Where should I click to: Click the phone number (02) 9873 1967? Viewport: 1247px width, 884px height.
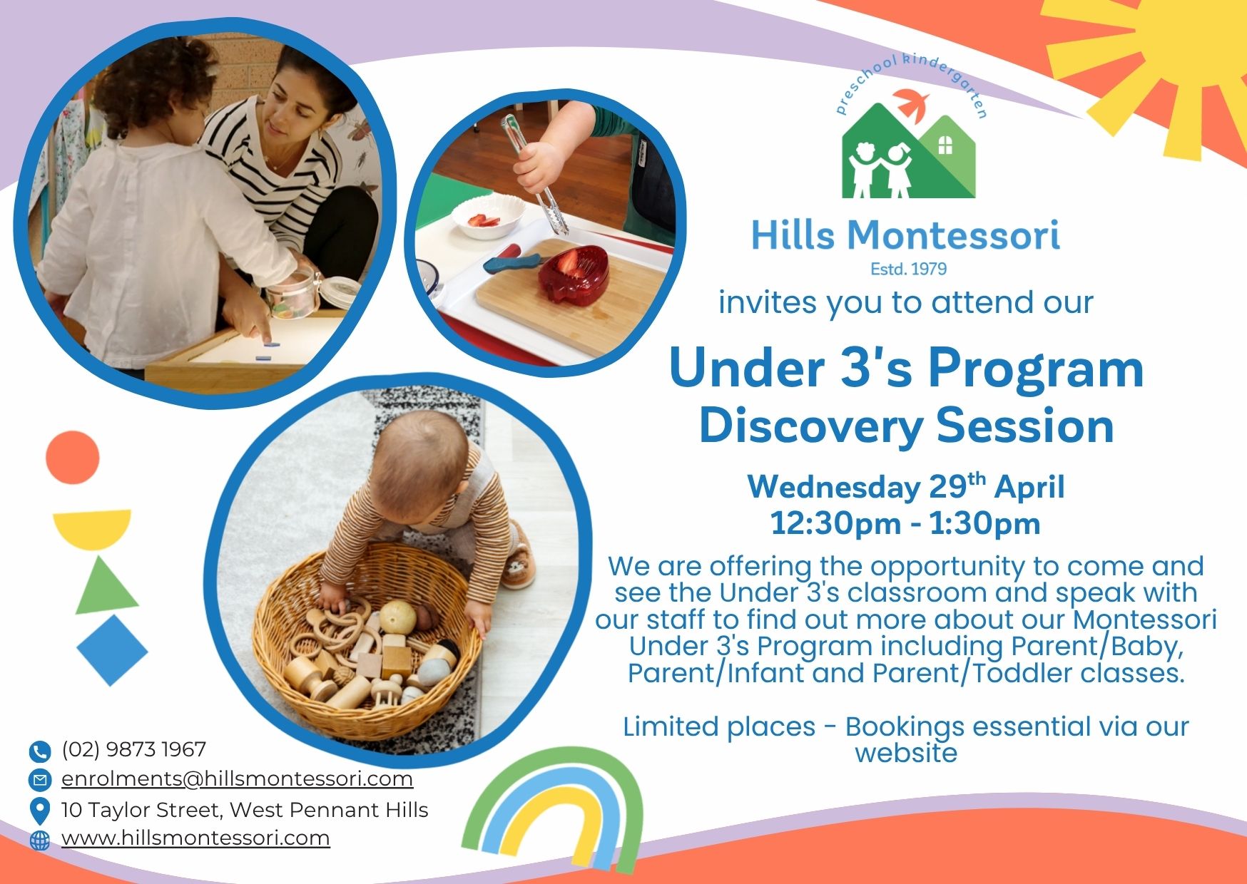click(x=133, y=749)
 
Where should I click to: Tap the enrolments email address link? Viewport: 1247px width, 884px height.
click(x=237, y=778)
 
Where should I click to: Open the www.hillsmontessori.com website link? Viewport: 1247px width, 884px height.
click(x=195, y=838)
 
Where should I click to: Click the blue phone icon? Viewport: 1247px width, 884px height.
click(x=39, y=751)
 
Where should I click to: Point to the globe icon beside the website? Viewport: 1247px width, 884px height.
click(x=40, y=841)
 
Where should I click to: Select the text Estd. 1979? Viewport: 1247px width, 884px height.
click(x=908, y=269)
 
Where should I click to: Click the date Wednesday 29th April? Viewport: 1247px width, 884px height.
click(x=906, y=486)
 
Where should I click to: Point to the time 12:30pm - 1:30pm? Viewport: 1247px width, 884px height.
click(x=905, y=524)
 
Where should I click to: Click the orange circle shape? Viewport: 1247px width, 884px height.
click(x=73, y=458)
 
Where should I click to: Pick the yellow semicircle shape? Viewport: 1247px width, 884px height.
click(x=92, y=528)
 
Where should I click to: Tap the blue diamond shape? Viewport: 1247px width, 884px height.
click(x=112, y=650)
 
